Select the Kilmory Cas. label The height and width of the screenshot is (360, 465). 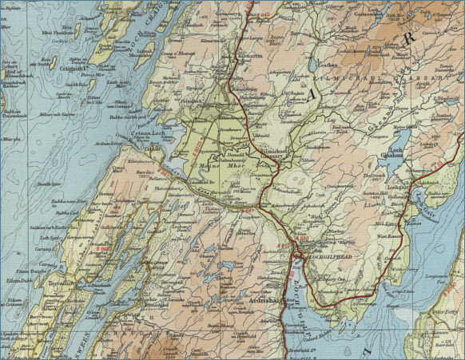[x=329, y=279]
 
